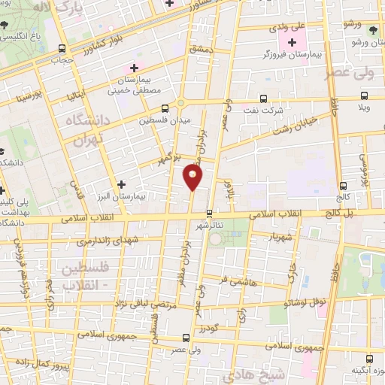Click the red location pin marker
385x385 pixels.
pyautogui.click(x=193, y=177)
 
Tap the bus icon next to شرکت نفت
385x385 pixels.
pyautogui.click(x=263, y=99)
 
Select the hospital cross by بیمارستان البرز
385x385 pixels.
pyautogui.click(x=122, y=183)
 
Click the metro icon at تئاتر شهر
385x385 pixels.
pyautogui.click(x=209, y=213)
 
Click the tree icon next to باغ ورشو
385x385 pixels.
pyautogui.click(x=374, y=30)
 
